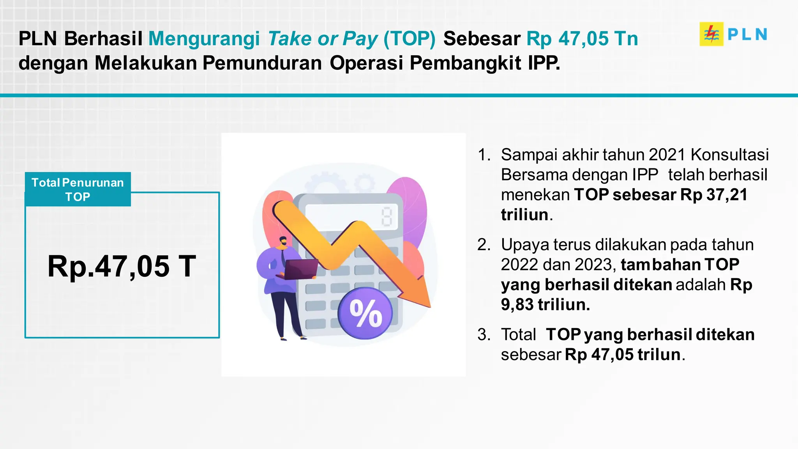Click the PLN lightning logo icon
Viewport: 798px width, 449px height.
711,34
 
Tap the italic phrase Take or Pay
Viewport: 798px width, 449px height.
323,39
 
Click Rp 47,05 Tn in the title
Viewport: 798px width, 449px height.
582,39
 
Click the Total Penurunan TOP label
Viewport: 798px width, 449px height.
78,189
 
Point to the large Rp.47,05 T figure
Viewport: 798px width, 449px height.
122,267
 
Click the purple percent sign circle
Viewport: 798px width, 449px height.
365,313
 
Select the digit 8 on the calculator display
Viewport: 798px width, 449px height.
387,217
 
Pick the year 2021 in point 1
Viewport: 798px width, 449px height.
667,155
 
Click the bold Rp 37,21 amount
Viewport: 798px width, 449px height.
714,195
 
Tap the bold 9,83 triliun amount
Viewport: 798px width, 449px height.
546,305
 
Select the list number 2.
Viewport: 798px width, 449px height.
484,245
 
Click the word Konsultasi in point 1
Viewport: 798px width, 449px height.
729,155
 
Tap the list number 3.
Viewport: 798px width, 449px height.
484,335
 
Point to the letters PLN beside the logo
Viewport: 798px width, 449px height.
747,34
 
